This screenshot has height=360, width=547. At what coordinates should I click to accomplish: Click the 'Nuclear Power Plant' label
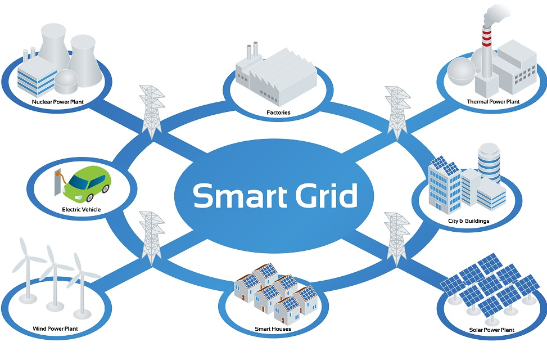pos(57,102)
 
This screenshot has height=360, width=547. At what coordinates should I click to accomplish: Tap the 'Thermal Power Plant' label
pos(493,102)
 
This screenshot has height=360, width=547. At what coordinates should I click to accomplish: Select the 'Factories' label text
pos(278,112)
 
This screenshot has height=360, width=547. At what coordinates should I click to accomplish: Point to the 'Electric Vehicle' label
pos(82,209)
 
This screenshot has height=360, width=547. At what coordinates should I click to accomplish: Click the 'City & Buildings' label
pos(468,220)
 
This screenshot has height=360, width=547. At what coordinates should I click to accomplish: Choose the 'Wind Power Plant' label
pos(55,328)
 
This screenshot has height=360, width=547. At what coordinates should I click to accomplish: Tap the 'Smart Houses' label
pos(273,329)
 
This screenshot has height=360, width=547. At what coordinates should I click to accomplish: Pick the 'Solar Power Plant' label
pos(491,330)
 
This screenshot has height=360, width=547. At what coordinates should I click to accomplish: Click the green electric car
pos(87,184)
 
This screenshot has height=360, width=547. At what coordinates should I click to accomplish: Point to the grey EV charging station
pos(57,182)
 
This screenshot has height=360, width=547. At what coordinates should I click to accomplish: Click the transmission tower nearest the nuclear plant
pos(152,111)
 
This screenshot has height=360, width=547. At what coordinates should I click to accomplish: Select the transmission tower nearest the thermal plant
pos(397,112)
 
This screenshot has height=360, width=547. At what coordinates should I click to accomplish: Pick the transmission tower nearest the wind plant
pos(152,238)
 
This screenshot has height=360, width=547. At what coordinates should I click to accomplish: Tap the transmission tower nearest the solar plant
pos(397,239)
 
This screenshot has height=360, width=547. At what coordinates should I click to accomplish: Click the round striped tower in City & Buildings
pos(489,163)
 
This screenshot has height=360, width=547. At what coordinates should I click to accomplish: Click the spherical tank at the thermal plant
pos(461,71)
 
